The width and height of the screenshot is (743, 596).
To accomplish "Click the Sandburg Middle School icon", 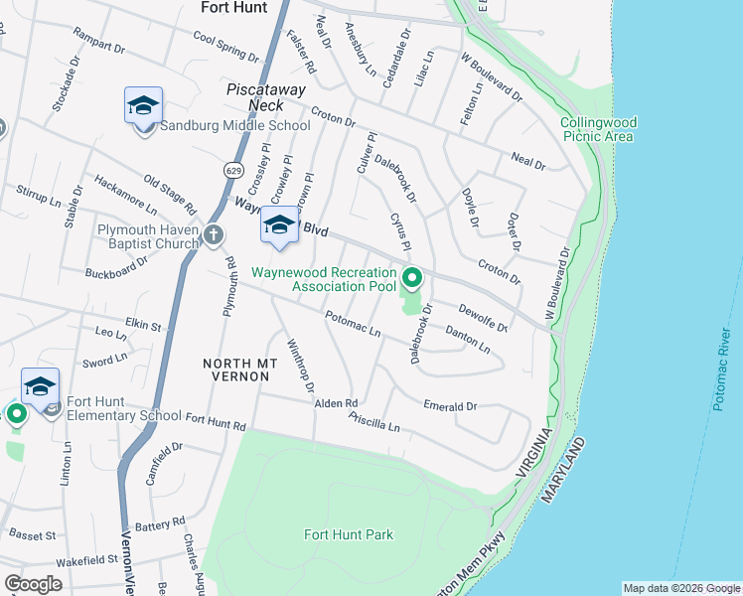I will point(143,105).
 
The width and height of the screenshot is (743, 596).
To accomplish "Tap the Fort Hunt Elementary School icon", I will point(40,386).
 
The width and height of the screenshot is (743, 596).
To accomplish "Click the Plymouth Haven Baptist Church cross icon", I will point(213,234).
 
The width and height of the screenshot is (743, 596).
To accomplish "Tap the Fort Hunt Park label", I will point(348,534).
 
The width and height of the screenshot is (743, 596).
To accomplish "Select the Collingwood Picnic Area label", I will point(598,129).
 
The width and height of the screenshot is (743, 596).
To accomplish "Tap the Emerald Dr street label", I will point(450,406).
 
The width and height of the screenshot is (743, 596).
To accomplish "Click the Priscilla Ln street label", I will point(373,421).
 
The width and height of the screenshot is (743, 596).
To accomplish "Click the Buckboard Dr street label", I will point(116,266).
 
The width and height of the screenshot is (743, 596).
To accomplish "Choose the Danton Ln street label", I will point(467,340).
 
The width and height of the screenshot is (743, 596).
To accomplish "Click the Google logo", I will point(33,584).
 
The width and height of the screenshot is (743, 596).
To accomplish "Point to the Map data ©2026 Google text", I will point(680,588).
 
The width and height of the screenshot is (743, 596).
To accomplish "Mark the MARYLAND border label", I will point(562,473).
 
